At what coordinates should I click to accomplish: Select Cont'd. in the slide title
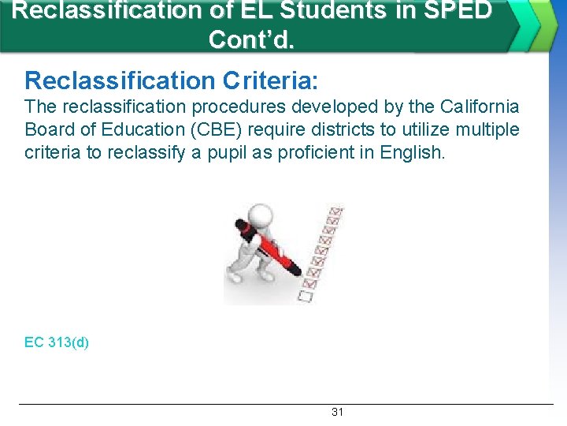tap(251, 39)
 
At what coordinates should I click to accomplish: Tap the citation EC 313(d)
tap(57, 342)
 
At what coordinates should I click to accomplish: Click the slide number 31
tap(337, 412)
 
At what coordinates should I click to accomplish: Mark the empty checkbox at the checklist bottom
tap(305, 297)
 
